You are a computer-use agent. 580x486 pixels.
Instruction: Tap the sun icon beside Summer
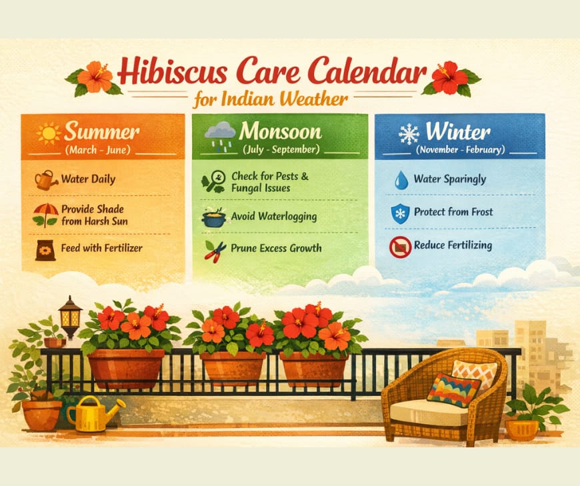point(49,133)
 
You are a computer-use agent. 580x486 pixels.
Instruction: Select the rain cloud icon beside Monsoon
point(219,134)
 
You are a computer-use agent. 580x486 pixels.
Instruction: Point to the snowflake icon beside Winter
point(409,133)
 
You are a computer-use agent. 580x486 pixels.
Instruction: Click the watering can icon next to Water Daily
point(46,180)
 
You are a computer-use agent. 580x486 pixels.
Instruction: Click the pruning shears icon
point(215,251)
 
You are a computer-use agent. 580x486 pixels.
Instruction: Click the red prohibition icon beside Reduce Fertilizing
point(399,247)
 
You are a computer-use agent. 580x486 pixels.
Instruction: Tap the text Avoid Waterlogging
point(273,217)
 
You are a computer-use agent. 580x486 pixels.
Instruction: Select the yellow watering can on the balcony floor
point(93,413)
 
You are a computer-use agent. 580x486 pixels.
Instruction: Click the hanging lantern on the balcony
point(70,316)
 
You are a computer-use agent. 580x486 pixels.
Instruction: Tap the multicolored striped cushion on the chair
point(453,389)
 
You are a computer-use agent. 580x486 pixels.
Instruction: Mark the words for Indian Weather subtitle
point(271,100)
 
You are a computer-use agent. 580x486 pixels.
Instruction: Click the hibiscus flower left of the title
point(95,77)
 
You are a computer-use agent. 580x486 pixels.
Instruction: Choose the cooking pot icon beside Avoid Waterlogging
point(215,217)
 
